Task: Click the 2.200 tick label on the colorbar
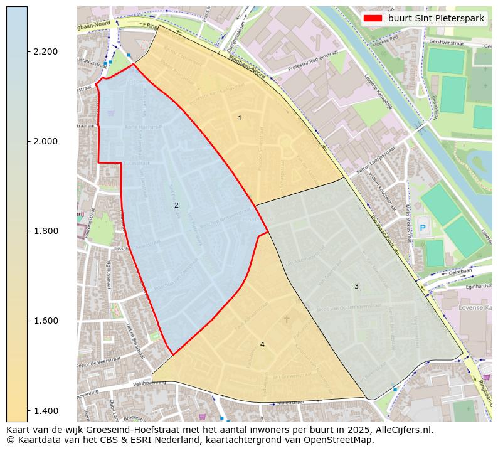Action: click(45, 51)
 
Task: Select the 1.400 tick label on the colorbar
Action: click(45, 410)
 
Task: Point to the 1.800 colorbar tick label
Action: click(45, 231)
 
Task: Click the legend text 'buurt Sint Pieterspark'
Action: click(436, 18)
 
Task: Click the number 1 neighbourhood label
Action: click(240, 118)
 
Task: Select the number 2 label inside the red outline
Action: click(176, 205)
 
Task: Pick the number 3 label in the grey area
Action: click(356, 286)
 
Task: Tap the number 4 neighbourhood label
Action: click(262, 344)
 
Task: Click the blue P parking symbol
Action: click(422, 228)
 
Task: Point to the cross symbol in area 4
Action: click(287, 319)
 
